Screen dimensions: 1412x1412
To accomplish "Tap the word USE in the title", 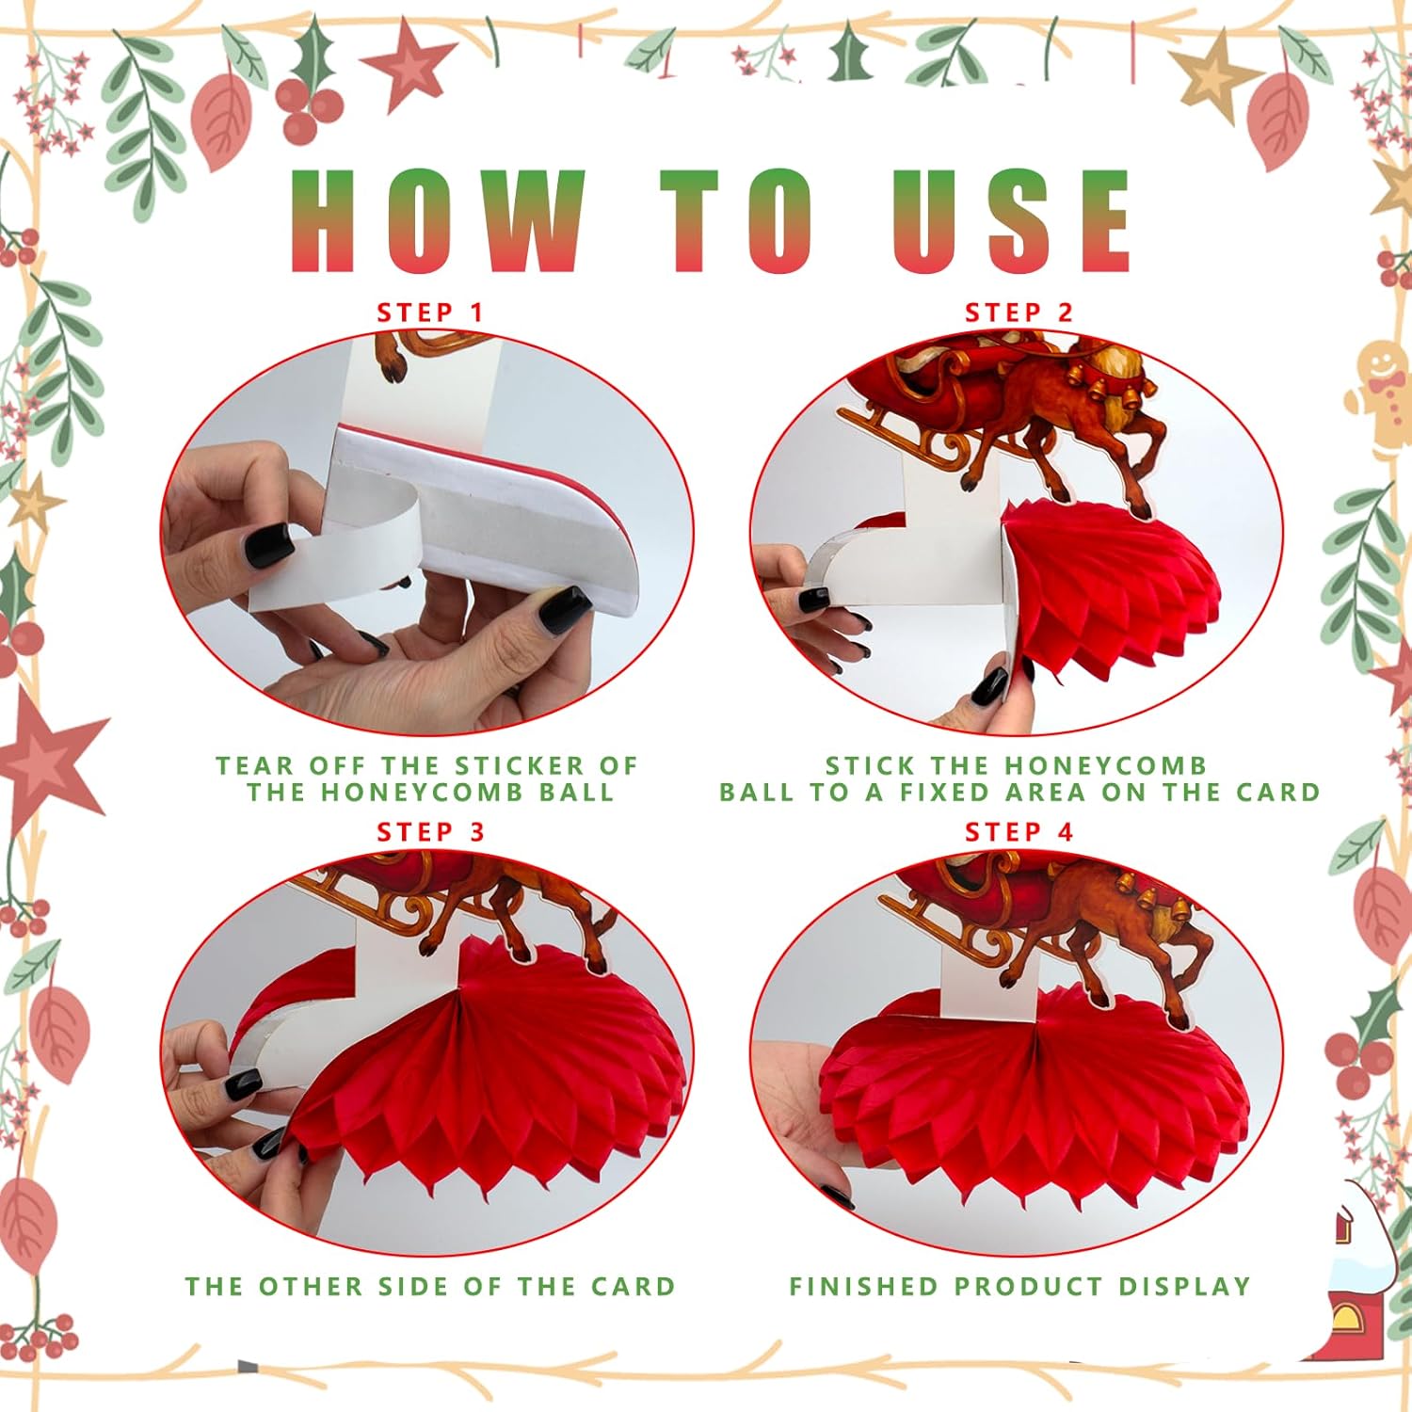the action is pyautogui.click(x=1012, y=222).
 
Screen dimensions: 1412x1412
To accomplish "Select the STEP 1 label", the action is pyautogui.click(x=430, y=313).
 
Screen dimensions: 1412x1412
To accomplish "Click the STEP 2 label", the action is pyautogui.click(x=1019, y=313).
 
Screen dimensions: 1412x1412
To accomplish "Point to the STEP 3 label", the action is pyautogui.click(x=431, y=832).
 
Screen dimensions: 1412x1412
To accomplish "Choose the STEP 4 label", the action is pyautogui.click(x=1019, y=832).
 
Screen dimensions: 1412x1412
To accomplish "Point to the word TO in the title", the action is pyautogui.click(x=739, y=222).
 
